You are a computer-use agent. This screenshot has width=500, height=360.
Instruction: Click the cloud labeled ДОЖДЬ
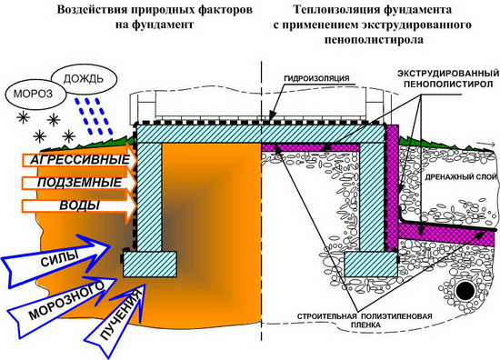click(x=82, y=75)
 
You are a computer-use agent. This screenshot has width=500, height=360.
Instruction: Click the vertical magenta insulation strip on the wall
click(x=394, y=182)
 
